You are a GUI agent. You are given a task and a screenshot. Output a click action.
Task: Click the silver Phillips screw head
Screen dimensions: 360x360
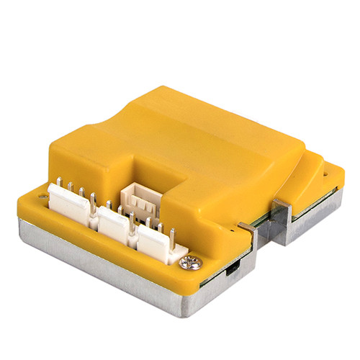pyautogui.click(x=192, y=263)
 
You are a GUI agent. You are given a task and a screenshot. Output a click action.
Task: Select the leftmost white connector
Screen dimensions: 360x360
pyautogui.click(x=70, y=203)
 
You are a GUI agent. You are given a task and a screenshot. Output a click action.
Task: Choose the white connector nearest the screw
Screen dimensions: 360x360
pyautogui.click(x=158, y=241)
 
